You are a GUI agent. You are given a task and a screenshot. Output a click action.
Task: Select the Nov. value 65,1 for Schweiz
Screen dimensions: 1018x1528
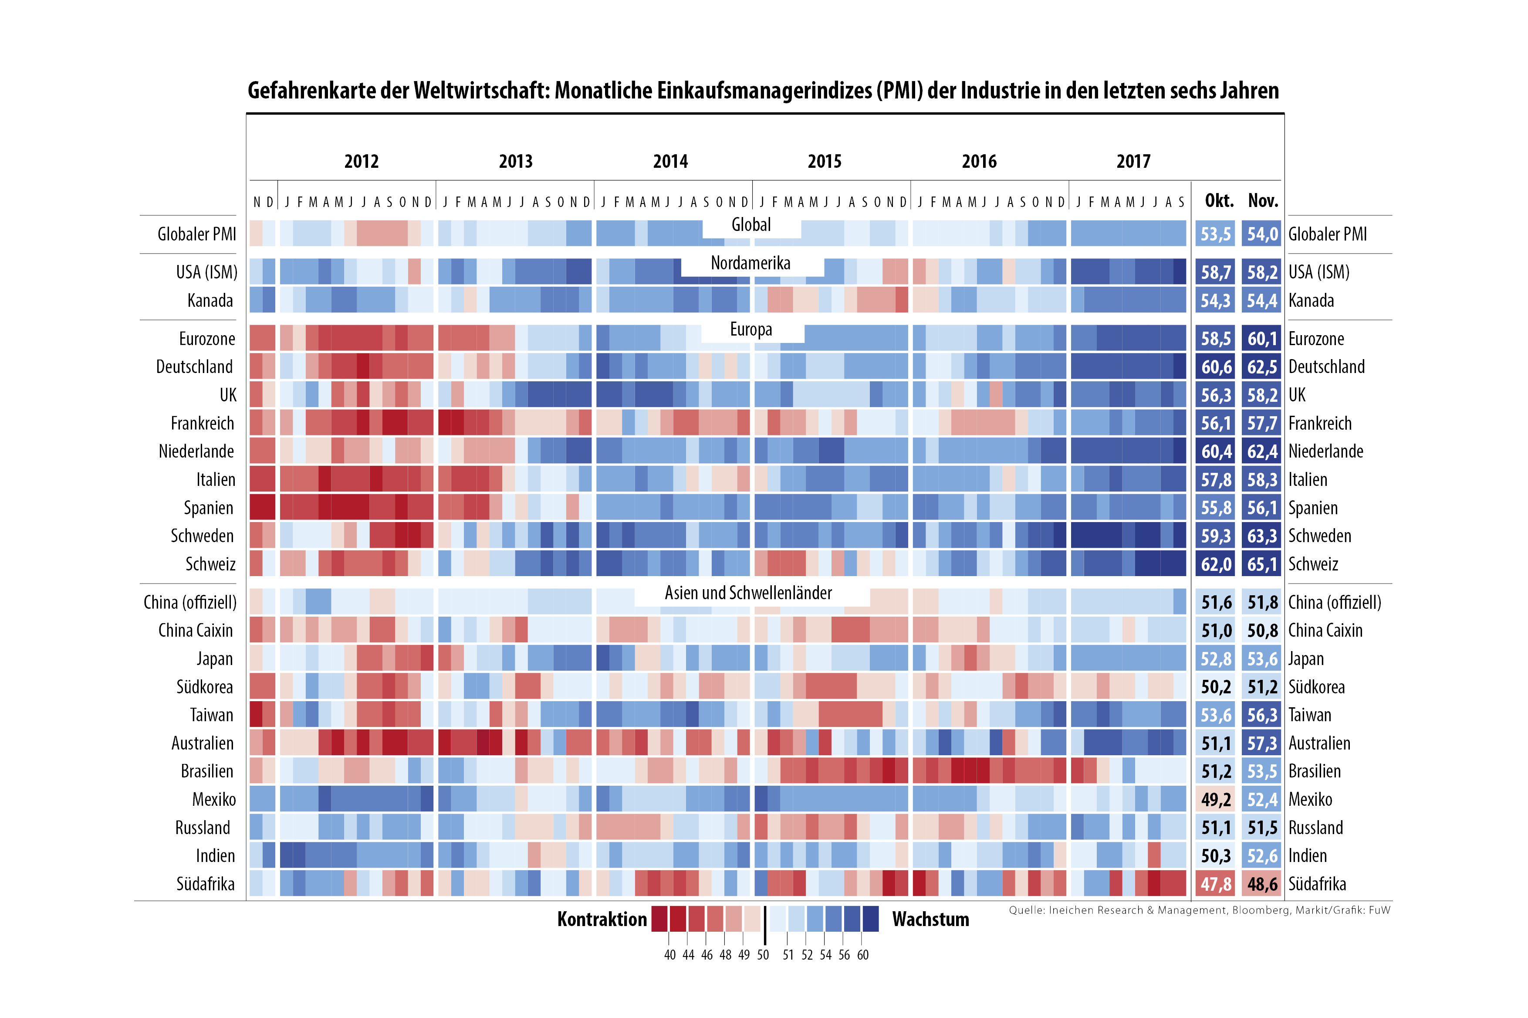[x=1261, y=564]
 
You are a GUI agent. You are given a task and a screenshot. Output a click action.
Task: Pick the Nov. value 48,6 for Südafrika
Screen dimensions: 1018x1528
[x=1261, y=884]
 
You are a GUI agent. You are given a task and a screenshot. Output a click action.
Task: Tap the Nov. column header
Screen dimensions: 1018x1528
[x=1263, y=200]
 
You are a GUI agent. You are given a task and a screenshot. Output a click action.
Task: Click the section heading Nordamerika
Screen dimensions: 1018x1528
[x=750, y=263]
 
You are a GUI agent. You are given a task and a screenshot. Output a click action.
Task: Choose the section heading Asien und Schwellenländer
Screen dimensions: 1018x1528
[x=748, y=593]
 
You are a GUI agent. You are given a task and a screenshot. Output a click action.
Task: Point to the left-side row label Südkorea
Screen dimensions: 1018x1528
[x=204, y=687]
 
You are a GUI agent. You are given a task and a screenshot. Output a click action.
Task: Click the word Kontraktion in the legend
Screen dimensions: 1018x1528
[x=602, y=920]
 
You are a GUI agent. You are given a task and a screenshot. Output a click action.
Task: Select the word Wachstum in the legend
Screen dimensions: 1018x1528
[x=930, y=920]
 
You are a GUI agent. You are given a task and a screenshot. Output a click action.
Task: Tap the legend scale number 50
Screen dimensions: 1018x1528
[x=763, y=955]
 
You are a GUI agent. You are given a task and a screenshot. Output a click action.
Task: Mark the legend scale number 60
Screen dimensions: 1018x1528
[x=862, y=955]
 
